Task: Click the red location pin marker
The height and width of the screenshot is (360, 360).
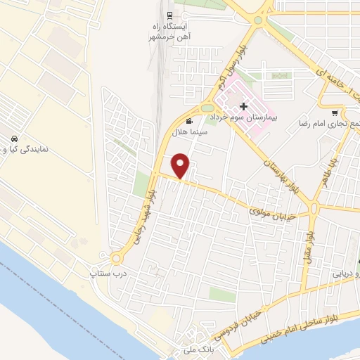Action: (x=181, y=165)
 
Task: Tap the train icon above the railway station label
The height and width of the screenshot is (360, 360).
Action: (x=169, y=15)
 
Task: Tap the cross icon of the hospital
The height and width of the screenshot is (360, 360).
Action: (x=244, y=107)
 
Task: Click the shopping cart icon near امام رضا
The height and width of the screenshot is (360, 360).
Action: (x=335, y=112)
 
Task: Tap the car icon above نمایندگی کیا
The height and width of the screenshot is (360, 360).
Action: (x=15, y=138)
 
